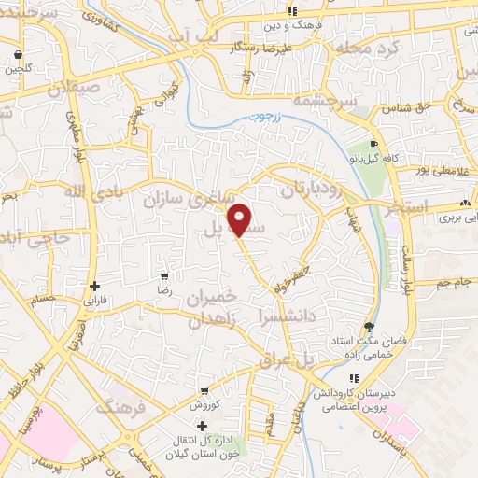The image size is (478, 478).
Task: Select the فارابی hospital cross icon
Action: tap(94, 286)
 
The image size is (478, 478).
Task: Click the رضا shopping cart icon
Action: tap(164, 276)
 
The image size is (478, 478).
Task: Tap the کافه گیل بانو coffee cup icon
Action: tap(374, 145)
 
